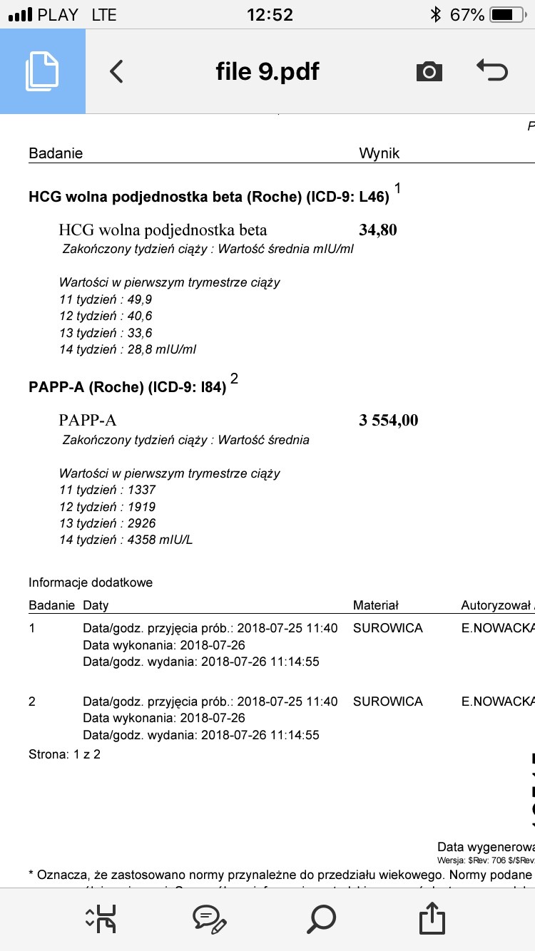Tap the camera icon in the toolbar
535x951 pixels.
click(429, 71)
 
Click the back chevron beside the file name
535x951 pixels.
click(117, 71)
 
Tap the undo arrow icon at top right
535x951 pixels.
click(491, 71)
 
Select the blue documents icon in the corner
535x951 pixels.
click(42, 71)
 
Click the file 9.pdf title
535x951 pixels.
click(267, 71)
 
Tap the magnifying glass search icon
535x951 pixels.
click(321, 919)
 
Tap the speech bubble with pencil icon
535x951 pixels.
click(210, 919)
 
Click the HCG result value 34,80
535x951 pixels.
click(378, 230)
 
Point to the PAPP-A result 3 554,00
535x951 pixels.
click(388, 420)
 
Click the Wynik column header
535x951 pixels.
click(379, 153)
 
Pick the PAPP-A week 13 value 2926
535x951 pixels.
click(141, 523)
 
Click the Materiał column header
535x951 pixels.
click(376, 605)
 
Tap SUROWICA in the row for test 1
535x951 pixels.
click(387, 628)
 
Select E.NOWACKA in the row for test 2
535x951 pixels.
click(497, 701)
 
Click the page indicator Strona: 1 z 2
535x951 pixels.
click(64, 754)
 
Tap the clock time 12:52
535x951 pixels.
click(270, 14)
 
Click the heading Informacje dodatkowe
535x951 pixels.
click(91, 582)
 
